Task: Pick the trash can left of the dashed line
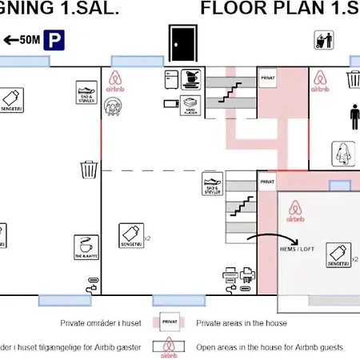90,170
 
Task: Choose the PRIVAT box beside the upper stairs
267,78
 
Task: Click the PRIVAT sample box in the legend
170,322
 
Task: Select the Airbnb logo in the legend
170,346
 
